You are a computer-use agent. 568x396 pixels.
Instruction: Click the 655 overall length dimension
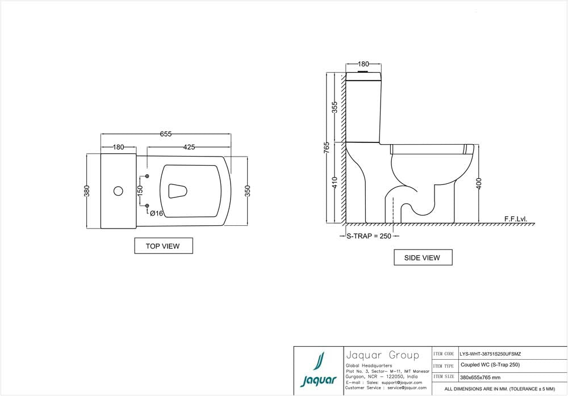pos(165,134)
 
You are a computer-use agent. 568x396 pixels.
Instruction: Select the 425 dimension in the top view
pos(189,147)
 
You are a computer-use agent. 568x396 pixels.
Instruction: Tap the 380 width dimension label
pos(87,191)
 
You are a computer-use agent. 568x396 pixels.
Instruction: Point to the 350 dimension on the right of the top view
pos(247,191)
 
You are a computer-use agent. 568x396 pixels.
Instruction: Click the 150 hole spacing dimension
pos(140,191)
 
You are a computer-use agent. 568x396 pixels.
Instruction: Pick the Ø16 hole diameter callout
pos(157,213)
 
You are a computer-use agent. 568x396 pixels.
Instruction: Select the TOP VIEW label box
pos(163,246)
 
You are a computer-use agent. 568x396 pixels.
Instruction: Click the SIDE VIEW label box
pos(422,258)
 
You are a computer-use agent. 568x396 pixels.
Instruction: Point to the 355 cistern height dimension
pos(335,107)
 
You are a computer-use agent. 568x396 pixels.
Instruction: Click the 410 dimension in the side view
pos(335,182)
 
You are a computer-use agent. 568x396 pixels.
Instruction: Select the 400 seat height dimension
pos(479,183)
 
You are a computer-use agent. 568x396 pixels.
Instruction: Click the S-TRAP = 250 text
pos(369,236)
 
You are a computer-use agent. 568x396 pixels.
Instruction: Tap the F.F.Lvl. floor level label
pos(516,218)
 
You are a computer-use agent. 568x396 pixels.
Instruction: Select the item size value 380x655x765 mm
pos(481,377)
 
